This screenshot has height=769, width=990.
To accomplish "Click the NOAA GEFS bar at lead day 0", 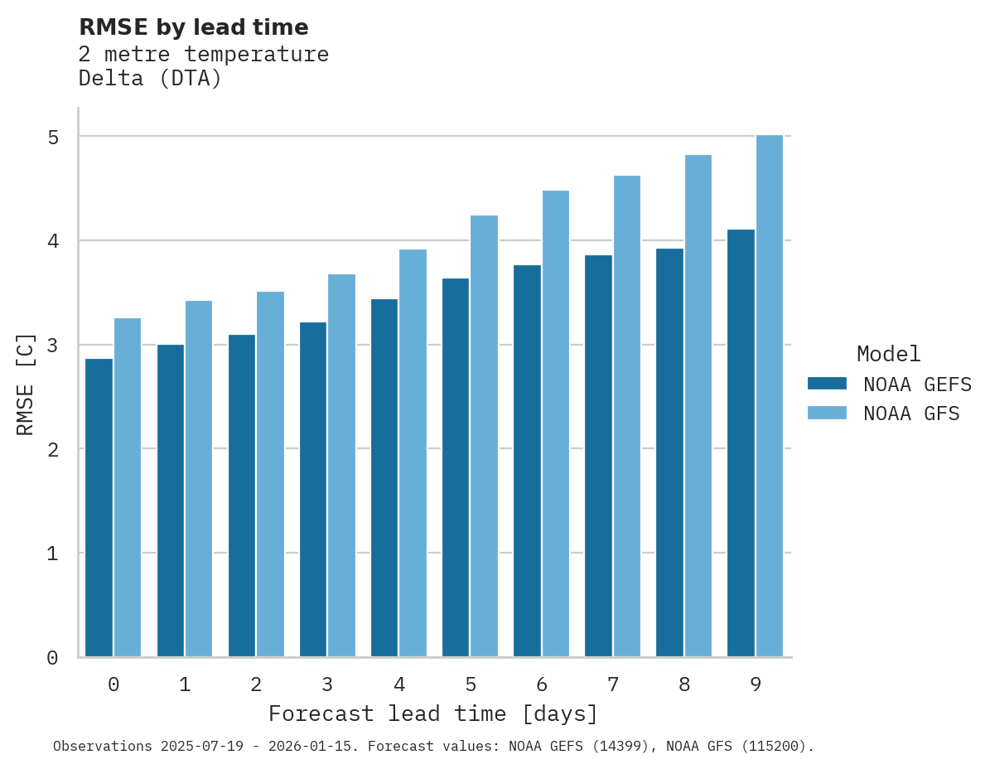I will [x=99, y=507].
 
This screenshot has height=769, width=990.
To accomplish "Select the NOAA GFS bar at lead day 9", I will [x=770, y=396].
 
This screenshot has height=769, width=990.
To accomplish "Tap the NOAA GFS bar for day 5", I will [x=485, y=436].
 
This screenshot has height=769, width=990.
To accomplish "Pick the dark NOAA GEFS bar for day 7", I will [x=598, y=456].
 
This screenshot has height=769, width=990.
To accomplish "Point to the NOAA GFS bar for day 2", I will [x=271, y=474].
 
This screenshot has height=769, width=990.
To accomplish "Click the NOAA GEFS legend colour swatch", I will [x=827, y=384].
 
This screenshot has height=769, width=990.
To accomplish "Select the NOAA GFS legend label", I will [x=911, y=414].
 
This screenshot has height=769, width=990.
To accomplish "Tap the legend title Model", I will [x=888, y=355].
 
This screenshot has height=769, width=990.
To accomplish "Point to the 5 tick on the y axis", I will [x=53, y=137].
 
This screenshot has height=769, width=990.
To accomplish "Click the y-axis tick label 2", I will [x=53, y=449].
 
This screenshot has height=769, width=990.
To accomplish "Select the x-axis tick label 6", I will [x=542, y=685].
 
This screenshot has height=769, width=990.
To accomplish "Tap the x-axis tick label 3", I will [x=328, y=685].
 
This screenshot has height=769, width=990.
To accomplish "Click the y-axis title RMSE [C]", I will [x=27, y=384].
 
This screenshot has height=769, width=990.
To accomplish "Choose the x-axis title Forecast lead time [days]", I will [x=432, y=714].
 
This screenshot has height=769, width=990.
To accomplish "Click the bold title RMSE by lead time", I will [x=193, y=27].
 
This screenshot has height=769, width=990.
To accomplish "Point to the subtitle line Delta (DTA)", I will [x=150, y=80].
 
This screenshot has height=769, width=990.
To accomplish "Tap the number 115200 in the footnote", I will [x=776, y=747].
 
